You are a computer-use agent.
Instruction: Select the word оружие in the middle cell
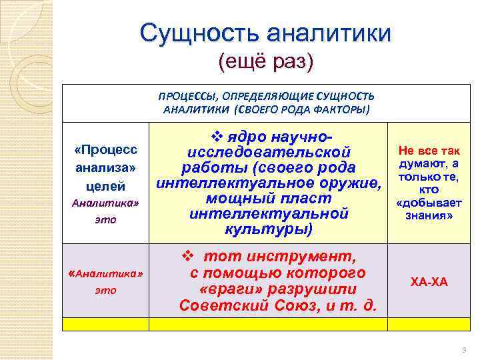tap(345, 183)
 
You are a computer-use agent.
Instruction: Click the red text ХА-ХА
tap(428, 282)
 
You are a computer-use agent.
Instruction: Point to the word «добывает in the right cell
tap(428, 203)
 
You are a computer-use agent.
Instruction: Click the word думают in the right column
tap(417, 164)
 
